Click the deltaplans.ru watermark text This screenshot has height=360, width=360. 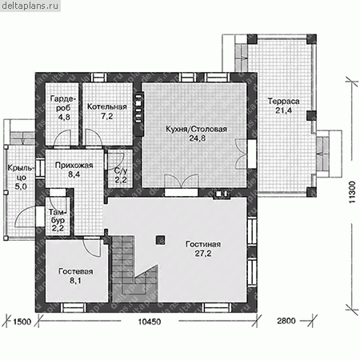pyautogui.click(x=30, y=6)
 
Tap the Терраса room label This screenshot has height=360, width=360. pyautogui.click(x=283, y=101)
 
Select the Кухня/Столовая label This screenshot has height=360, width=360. pyautogui.click(x=197, y=129)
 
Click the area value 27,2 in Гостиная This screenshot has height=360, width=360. pyautogui.click(x=203, y=253)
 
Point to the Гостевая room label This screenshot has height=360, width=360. pyautogui.click(x=76, y=271)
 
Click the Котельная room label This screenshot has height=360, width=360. pyautogui.click(x=107, y=106)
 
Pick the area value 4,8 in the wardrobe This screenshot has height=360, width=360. pyautogui.click(x=64, y=117)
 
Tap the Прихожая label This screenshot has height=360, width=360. pyautogui.click(x=74, y=166)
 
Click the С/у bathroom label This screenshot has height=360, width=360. pyautogui.click(x=121, y=171)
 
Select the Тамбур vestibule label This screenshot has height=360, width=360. pyautogui.click(x=58, y=216)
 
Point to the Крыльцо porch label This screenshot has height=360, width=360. pyautogui.click(x=21, y=173)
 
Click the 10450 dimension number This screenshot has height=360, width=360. pyautogui.click(x=150, y=322)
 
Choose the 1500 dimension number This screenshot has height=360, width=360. pyautogui.click(x=22, y=322)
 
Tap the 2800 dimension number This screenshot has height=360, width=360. pyautogui.click(x=286, y=321)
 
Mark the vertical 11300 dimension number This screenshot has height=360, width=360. pyautogui.click(x=352, y=192)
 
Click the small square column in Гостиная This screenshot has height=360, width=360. pyautogui.click(x=160, y=240)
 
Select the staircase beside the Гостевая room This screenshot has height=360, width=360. pyautogui.click(x=134, y=270)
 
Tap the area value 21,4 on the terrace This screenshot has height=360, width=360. pyautogui.click(x=283, y=110)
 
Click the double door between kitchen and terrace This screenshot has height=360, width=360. pyautogui.click(x=242, y=154)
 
